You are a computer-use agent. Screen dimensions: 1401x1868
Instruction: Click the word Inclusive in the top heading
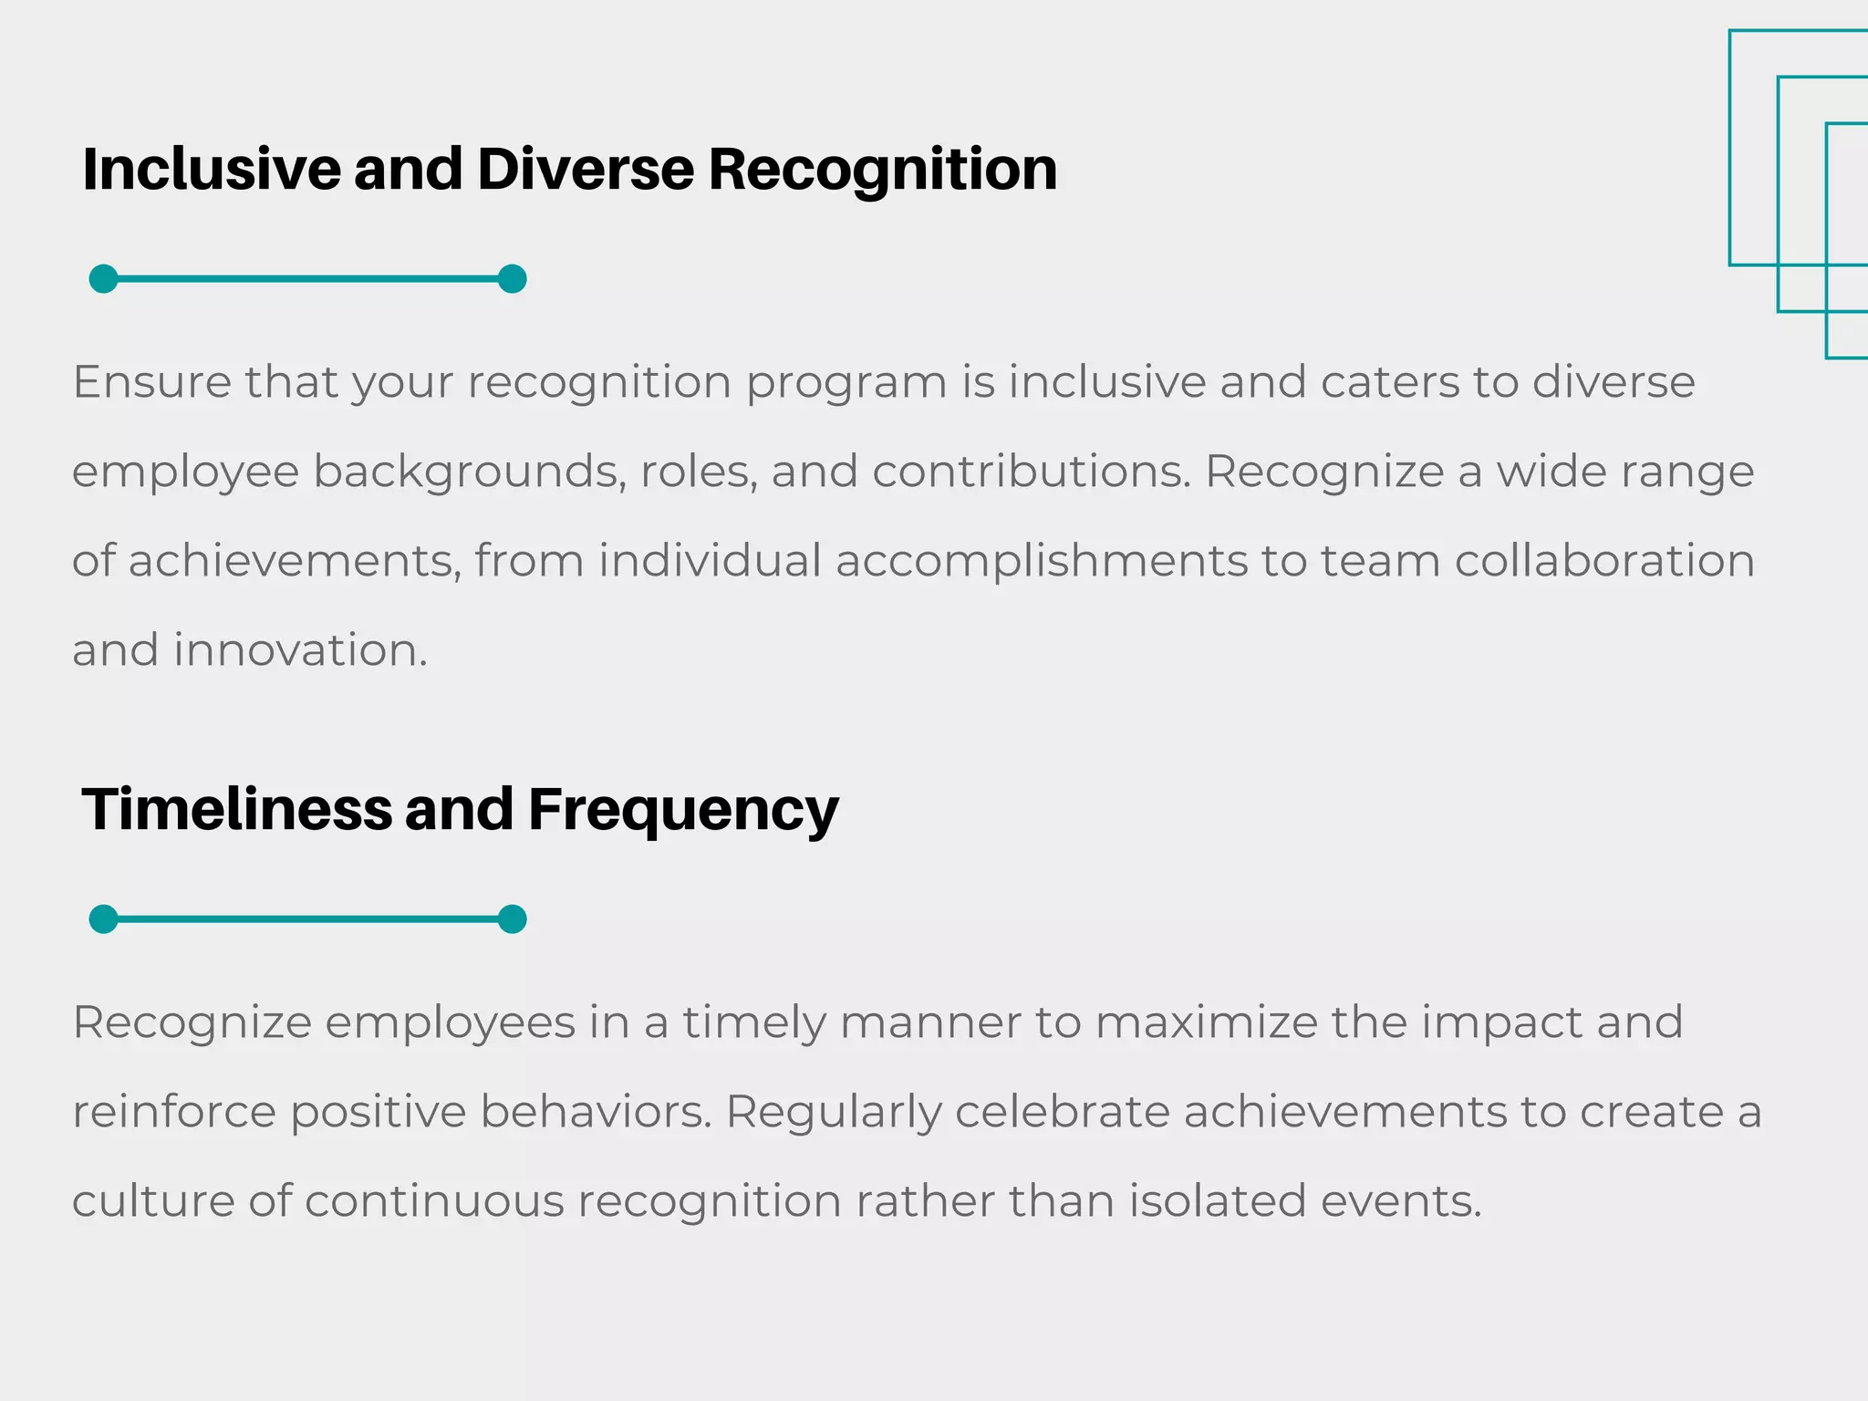pos(211,170)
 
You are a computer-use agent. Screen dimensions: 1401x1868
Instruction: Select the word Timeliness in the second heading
pos(236,810)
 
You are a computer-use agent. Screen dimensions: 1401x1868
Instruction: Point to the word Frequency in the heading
pos(683,810)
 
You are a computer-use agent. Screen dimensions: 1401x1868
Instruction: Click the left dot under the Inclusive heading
pos(104,279)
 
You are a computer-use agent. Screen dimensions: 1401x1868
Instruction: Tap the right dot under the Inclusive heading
pos(513,279)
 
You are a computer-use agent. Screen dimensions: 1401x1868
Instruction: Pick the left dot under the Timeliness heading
pos(104,919)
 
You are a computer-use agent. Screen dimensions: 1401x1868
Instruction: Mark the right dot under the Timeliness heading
pos(513,919)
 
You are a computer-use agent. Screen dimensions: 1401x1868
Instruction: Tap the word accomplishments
pos(1041,561)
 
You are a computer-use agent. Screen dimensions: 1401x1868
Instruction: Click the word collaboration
pos(1604,561)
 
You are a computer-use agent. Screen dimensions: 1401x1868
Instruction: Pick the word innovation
pos(300,650)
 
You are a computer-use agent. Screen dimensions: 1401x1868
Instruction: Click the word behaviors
pos(596,1112)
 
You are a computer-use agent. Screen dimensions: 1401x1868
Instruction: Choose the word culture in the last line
pos(152,1201)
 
